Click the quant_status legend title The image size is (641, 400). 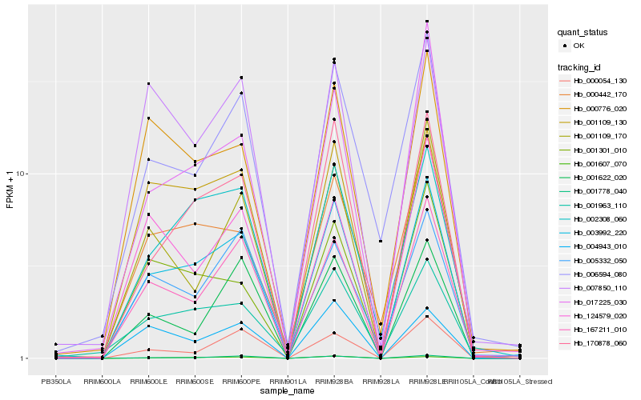(583, 32)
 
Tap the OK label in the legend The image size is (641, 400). (579, 46)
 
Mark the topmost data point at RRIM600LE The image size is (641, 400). (148, 84)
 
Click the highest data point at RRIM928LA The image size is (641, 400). (381, 241)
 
